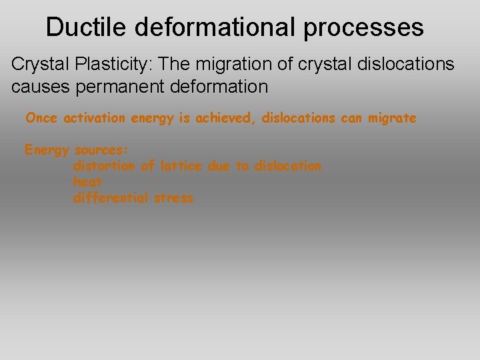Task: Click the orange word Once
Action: pos(41,118)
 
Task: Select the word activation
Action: pos(94,118)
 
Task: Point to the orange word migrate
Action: pos(393,118)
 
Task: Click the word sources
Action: pos(101,149)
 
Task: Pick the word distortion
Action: pos(104,165)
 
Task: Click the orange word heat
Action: pos(88,181)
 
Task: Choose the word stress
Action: pos(174,197)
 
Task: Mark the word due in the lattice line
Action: pos(218,165)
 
